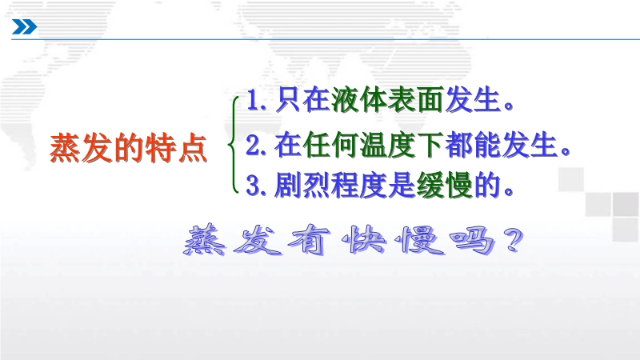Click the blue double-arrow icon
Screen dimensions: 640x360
25,27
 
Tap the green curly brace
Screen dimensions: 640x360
233,145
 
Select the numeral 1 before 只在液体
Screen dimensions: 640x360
253,101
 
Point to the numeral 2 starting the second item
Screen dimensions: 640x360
252,146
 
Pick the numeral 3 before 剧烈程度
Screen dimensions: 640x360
253,186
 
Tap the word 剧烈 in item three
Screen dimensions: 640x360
302,185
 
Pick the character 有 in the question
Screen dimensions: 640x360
310,241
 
